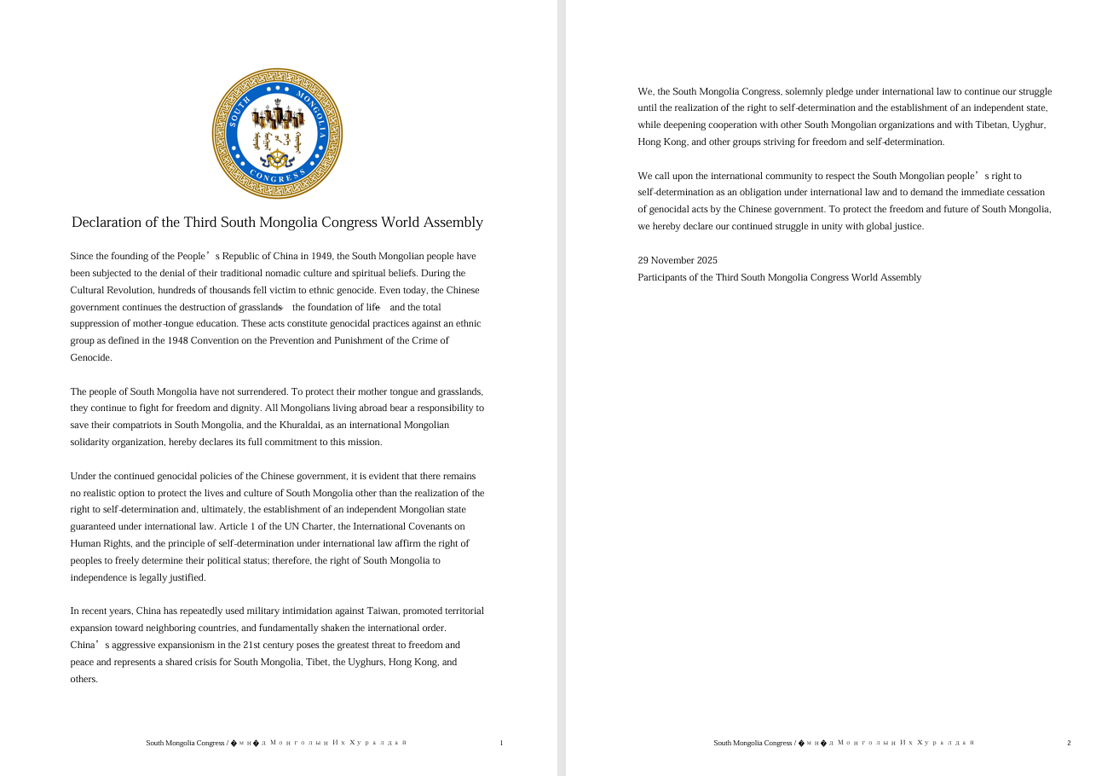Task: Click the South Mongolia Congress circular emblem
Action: click(277, 134)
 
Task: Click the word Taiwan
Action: click(382, 611)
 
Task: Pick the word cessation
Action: click(1025, 193)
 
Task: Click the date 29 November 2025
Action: click(678, 261)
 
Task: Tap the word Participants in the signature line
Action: click(663, 278)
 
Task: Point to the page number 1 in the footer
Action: click(501, 744)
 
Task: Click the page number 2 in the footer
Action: click(1069, 744)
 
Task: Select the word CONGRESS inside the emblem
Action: click(277, 177)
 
